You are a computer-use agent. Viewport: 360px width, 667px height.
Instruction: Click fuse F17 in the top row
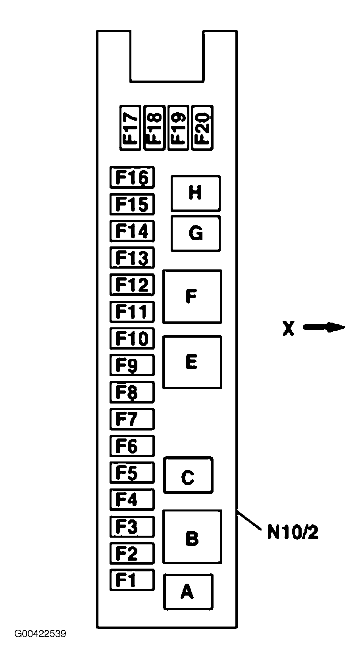tap(130, 128)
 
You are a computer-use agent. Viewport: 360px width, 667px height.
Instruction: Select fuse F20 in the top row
tap(202, 128)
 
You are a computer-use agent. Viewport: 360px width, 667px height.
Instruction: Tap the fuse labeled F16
tap(132, 177)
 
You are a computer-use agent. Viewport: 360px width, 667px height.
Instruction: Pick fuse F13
tap(132, 258)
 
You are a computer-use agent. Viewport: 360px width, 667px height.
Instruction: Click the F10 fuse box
tap(132, 338)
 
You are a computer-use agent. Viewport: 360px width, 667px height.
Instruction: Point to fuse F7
tap(132, 419)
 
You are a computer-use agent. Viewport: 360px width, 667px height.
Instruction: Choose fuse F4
tap(132, 500)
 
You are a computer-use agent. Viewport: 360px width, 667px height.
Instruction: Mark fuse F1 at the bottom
tap(132, 580)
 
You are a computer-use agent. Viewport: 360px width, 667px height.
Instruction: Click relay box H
tap(195, 193)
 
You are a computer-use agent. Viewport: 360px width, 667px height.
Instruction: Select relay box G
tap(195, 233)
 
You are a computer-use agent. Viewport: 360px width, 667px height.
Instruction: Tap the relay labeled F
tap(192, 297)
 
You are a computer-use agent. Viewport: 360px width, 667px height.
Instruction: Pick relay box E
tap(192, 362)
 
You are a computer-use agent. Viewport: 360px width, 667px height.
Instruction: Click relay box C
tap(188, 475)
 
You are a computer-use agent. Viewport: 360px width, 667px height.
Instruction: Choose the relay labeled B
tap(192, 537)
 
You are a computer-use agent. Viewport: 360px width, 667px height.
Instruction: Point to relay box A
tap(188, 592)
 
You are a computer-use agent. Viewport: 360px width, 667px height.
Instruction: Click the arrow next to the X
tap(324, 327)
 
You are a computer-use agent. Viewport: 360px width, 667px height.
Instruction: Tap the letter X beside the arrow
tap(289, 328)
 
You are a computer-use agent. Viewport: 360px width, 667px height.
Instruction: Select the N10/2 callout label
tap(293, 532)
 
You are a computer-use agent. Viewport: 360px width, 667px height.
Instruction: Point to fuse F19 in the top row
tap(178, 128)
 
